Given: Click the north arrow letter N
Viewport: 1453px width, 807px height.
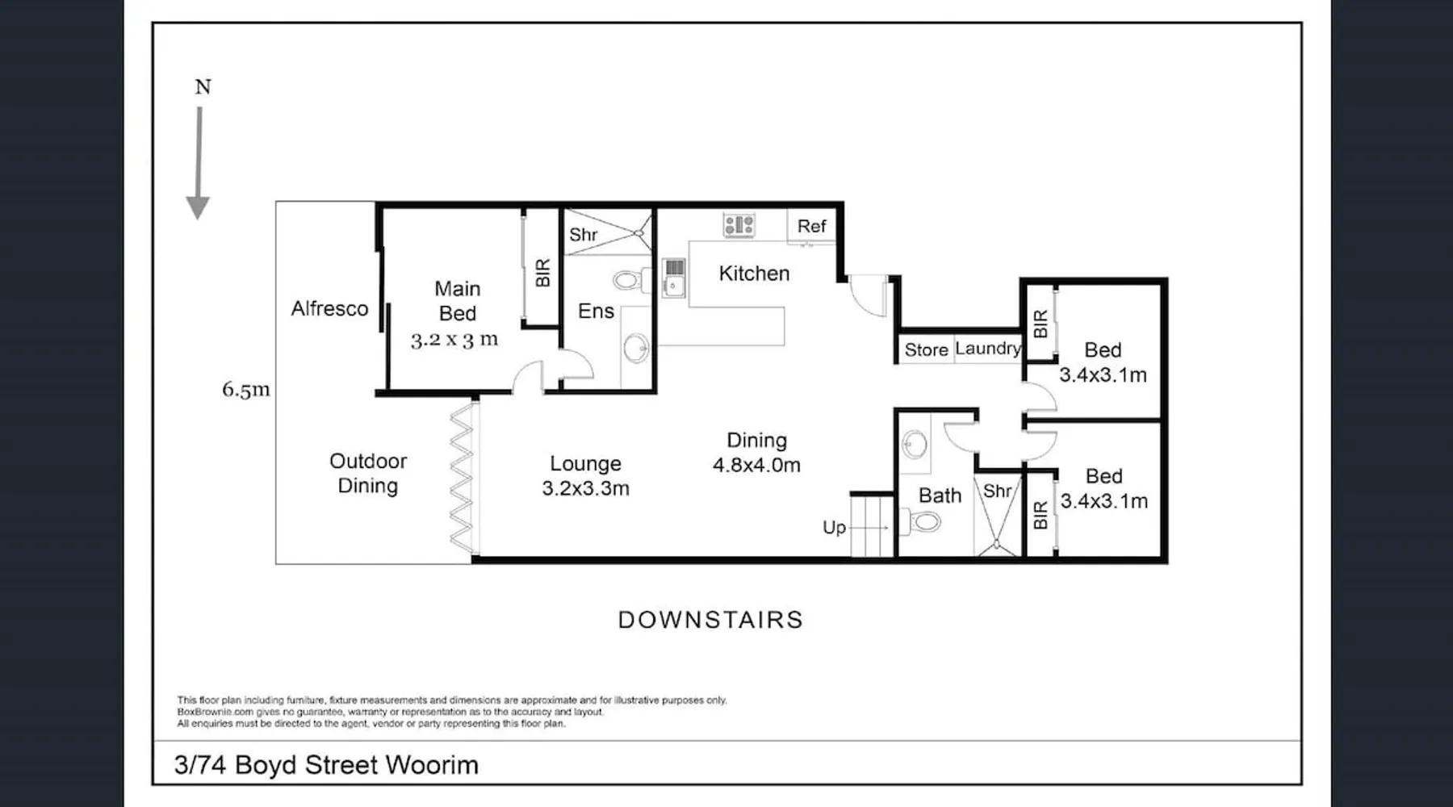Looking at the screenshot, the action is pos(203,87).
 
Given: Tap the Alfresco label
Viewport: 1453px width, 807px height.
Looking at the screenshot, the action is pos(329,308).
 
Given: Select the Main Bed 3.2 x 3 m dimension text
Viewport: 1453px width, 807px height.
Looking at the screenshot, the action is pos(454,339).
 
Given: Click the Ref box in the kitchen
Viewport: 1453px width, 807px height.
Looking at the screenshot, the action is pos(811,226).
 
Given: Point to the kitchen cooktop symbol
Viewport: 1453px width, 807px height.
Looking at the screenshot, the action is pos(739,225).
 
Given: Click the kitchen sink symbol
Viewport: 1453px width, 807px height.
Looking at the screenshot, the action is pos(674,278).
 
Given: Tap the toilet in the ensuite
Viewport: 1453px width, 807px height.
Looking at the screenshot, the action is pos(632,281).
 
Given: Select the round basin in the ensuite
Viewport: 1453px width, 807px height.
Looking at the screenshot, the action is pos(636,348).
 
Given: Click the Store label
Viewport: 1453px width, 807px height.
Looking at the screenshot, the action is pos(926,349).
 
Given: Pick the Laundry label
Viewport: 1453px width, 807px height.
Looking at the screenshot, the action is pos(988,349).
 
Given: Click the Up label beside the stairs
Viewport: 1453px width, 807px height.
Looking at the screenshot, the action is pos(834,528).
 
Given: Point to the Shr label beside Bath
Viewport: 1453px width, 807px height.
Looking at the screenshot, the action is pos(997,491).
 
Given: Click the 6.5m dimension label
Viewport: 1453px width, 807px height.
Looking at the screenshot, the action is pos(246,390).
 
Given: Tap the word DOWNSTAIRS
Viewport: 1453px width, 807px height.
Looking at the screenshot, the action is pos(710,620).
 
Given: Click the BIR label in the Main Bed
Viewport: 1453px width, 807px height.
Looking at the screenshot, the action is pos(542,274).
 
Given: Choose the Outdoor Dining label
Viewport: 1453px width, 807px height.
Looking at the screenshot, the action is pos(368,474).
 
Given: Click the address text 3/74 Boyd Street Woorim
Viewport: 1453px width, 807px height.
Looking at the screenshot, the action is pos(326,764).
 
